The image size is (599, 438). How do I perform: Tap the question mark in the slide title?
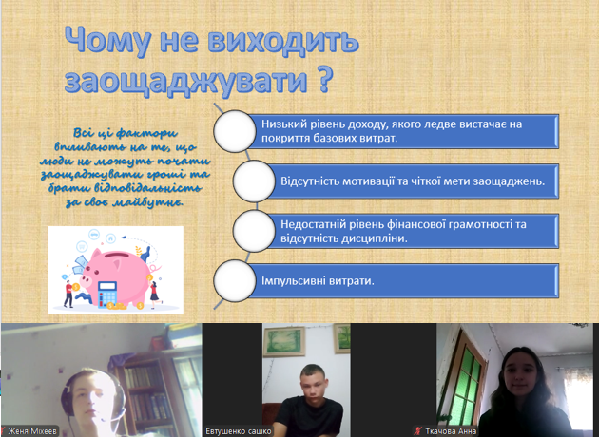click(x=323, y=79)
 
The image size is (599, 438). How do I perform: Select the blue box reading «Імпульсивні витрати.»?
click(x=403, y=281)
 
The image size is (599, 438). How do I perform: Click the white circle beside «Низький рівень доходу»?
click(x=235, y=131)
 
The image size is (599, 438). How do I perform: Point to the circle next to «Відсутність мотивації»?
click(x=254, y=181)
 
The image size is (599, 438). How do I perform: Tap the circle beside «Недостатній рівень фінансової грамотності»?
click(x=254, y=231)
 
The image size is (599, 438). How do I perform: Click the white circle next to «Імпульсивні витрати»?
click(x=235, y=280)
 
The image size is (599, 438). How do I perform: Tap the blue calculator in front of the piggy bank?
click(x=107, y=294)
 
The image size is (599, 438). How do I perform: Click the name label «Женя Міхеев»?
click(x=32, y=431)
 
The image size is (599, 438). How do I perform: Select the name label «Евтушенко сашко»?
click(x=239, y=431)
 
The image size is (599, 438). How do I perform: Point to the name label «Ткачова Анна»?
click(x=451, y=431)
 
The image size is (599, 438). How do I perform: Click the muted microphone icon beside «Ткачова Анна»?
click(x=418, y=431)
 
